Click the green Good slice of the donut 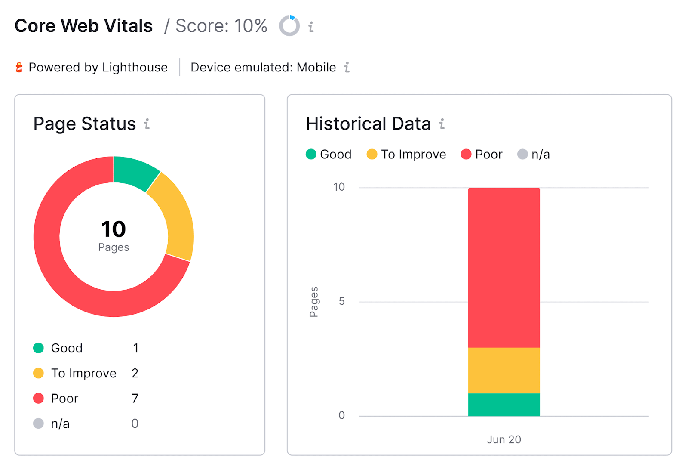(x=134, y=173)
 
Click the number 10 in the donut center (x=114, y=229)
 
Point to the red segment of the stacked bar (x=504, y=267)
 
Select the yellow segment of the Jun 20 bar (x=504, y=370)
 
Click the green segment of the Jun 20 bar (x=504, y=405)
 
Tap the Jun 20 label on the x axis (x=504, y=439)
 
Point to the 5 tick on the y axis (x=341, y=301)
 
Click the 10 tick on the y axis (x=339, y=187)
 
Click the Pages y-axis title (x=314, y=302)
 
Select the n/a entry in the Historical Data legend (x=534, y=154)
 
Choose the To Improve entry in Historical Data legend (x=406, y=154)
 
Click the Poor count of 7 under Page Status (x=135, y=399)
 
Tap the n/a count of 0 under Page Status (x=135, y=424)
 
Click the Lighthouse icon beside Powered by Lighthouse (x=19, y=67)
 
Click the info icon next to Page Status (x=147, y=124)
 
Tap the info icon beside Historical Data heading (x=442, y=124)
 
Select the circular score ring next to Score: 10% (x=289, y=26)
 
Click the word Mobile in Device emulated (x=316, y=68)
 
